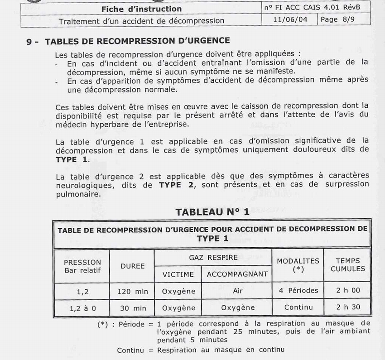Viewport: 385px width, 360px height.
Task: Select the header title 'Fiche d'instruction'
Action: coord(141,9)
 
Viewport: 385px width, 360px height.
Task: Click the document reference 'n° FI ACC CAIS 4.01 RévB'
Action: coord(316,8)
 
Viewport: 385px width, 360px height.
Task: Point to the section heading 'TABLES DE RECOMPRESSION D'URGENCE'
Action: coord(137,41)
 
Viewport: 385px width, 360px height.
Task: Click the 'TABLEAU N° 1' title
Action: coord(212,211)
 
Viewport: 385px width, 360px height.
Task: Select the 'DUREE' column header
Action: coord(132,266)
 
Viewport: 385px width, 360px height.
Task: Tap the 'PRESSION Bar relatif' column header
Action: coord(82,266)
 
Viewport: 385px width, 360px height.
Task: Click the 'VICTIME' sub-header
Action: coord(178,274)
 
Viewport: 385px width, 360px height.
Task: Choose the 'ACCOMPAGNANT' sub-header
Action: coord(237,274)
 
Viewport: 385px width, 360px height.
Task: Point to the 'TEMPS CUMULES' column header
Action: coord(348,264)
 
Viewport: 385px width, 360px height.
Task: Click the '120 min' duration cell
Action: coord(132,291)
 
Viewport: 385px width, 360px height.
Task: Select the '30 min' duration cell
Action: coord(132,308)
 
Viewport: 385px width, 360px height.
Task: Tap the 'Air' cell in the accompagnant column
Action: coord(237,291)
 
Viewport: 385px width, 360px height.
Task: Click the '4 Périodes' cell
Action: coord(298,291)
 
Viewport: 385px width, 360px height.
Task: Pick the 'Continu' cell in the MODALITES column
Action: coord(298,307)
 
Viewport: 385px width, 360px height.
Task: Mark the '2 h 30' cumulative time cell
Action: coord(348,307)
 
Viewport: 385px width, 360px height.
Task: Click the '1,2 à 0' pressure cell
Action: coord(82,308)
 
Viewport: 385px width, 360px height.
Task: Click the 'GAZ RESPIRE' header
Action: coord(213,257)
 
